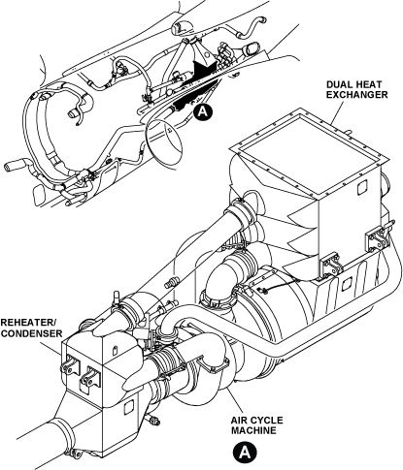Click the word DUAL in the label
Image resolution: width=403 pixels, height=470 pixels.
click(x=338, y=84)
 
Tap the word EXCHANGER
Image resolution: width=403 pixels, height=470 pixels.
click(x=356, y=95)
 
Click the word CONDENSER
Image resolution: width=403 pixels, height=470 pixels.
click(x=31, y=333)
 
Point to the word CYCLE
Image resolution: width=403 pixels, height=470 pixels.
click(x=267, y=421)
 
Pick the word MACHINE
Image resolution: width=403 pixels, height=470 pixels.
click(x=253, y=430)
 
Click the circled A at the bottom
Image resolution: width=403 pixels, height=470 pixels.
click(x=245, y=452)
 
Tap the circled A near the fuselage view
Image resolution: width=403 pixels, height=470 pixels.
click(x=203, y=111)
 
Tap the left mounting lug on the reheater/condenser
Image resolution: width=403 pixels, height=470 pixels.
click(x=70, y=365)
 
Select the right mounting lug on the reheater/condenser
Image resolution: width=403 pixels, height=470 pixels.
click(x=90, y=376)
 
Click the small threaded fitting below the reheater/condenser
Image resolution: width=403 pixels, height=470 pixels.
click(x=154, y=421)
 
